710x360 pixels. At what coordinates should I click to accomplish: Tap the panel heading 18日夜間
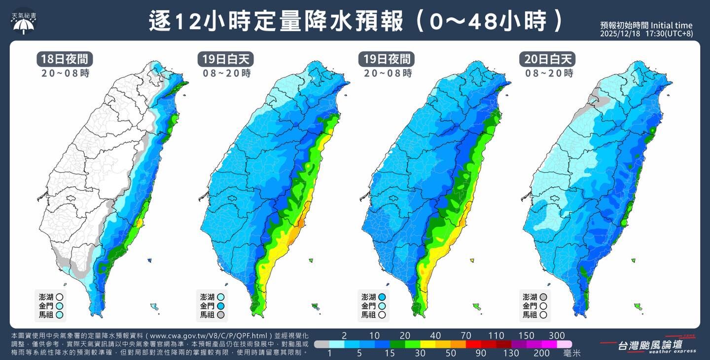tap(65, 59)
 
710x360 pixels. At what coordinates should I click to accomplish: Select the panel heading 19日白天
tap(226, 59)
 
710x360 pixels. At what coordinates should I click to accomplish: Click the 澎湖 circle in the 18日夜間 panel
tap(60, 297)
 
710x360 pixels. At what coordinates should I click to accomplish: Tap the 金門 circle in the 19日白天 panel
tap(221, 306)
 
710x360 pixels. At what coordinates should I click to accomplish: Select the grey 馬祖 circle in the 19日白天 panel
tap(221, 315)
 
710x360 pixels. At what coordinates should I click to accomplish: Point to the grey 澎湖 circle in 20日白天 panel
tap(543, 297)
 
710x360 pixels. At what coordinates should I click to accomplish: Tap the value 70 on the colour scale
tap(466, 336)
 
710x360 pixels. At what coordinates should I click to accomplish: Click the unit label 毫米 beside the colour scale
tap(572, 353)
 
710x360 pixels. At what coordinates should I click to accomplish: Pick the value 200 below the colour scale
tap(541, 353)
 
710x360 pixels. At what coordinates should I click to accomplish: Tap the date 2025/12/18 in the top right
tap(620, 34)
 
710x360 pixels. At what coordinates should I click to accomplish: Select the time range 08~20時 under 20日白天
tap(548, 73)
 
